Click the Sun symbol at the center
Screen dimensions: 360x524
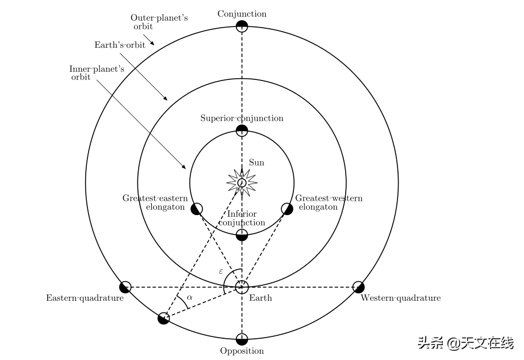tap(242, 183)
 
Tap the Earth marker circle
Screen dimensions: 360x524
tap(242, 286)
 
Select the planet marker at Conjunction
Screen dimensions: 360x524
tap(242, 26)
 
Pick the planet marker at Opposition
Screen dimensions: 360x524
tap(242, 339)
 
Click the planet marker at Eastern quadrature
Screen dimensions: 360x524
tap(125, 286)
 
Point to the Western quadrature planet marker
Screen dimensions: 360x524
tap(358, 286)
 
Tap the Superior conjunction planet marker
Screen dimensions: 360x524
tap(242, 131)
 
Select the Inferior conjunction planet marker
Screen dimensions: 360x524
tap(242, 235)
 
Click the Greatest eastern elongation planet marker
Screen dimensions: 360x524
tap(197, 209)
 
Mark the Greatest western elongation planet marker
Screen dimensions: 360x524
tap(287, 209)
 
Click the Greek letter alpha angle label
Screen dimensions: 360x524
tap(190, 298)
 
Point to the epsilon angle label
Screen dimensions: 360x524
tap(221, 270)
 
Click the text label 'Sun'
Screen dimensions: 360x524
tap(257, 163)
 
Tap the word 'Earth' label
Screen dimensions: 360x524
tap(261, 298)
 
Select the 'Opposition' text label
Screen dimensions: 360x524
tap(242, 351)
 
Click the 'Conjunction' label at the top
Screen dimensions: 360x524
tap(242, 14)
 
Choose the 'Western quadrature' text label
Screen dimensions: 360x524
tap(400, 298)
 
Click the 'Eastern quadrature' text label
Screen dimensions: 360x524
tap(85, 298)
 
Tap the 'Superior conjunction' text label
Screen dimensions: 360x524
tap(242, 118)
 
